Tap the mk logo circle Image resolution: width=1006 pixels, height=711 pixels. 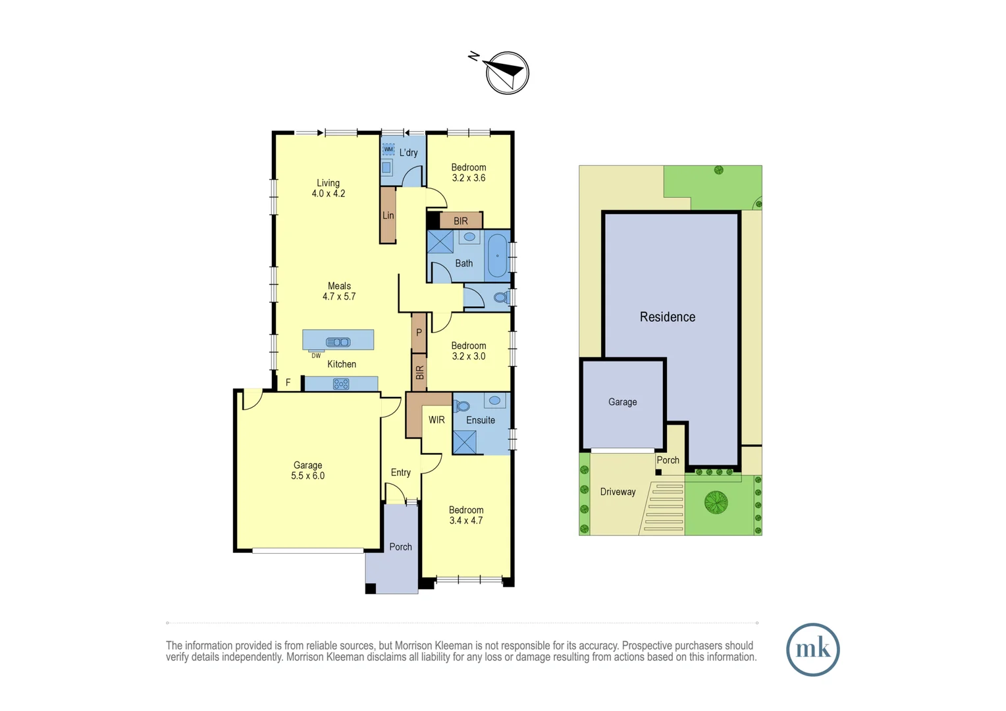click(812, 649)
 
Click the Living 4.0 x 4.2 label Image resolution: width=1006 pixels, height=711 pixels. click(328, 188)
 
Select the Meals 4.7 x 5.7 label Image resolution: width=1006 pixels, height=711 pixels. click(339, 291)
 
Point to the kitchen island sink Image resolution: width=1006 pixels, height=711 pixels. click(338, 342)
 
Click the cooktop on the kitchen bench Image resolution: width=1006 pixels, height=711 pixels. click(341, 384)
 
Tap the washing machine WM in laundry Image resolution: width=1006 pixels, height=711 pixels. click(388, 149)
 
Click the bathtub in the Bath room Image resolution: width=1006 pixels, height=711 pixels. click(497, 255)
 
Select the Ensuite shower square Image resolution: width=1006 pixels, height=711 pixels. click(464, 442)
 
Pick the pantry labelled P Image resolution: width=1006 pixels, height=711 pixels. click(419, 333)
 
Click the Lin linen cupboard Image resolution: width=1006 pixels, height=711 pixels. click(388, 215)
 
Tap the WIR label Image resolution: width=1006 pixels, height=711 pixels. click(437, 420)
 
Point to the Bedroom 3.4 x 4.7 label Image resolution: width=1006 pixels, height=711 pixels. click(466, 515)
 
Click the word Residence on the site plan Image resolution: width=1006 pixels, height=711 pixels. click(667, 317)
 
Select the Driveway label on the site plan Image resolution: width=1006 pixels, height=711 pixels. click(618, 492)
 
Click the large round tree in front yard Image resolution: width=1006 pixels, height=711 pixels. click(716, 502)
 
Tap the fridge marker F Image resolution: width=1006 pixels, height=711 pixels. click(288, 382)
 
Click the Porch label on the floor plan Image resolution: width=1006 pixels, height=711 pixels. click(400, 547)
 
